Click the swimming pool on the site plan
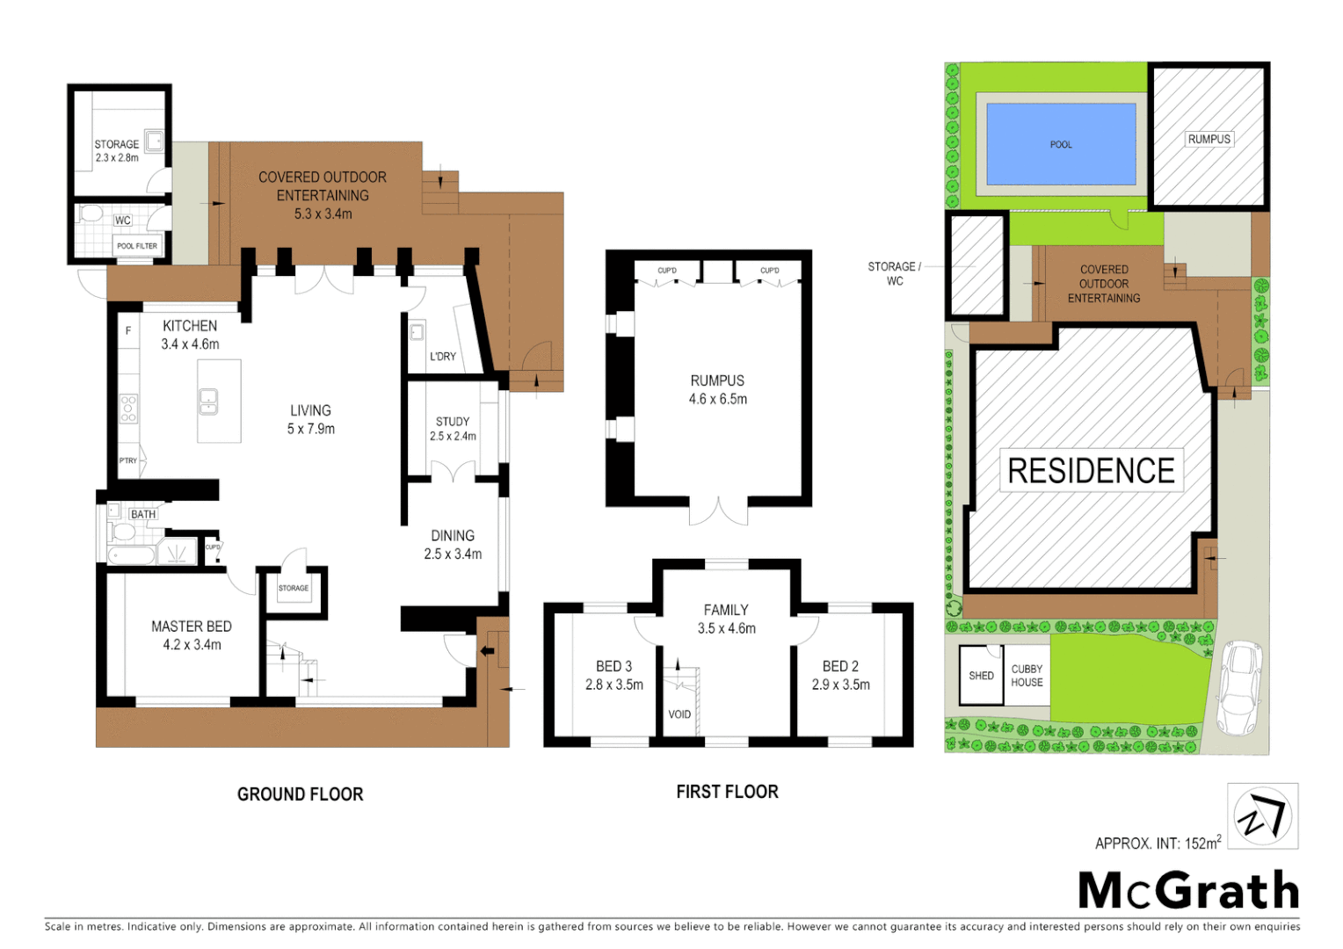(1061, 144)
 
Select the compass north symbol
(1263, 816)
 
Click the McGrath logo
(1188, 890)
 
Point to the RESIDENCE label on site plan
(1091, 471)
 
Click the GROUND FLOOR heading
(300, 794)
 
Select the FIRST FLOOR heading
(727, 792)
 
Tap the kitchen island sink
(208, 402)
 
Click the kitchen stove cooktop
(128, 409)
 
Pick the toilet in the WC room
(91, 214)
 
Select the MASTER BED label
(192, 627)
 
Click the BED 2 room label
(840, 667)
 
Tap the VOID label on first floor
(679, 714)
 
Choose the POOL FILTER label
(137, 246)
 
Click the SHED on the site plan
(981, 676)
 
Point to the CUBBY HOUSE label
(1027, 676)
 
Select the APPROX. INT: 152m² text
(1158, 843)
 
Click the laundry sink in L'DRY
(417, 332)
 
